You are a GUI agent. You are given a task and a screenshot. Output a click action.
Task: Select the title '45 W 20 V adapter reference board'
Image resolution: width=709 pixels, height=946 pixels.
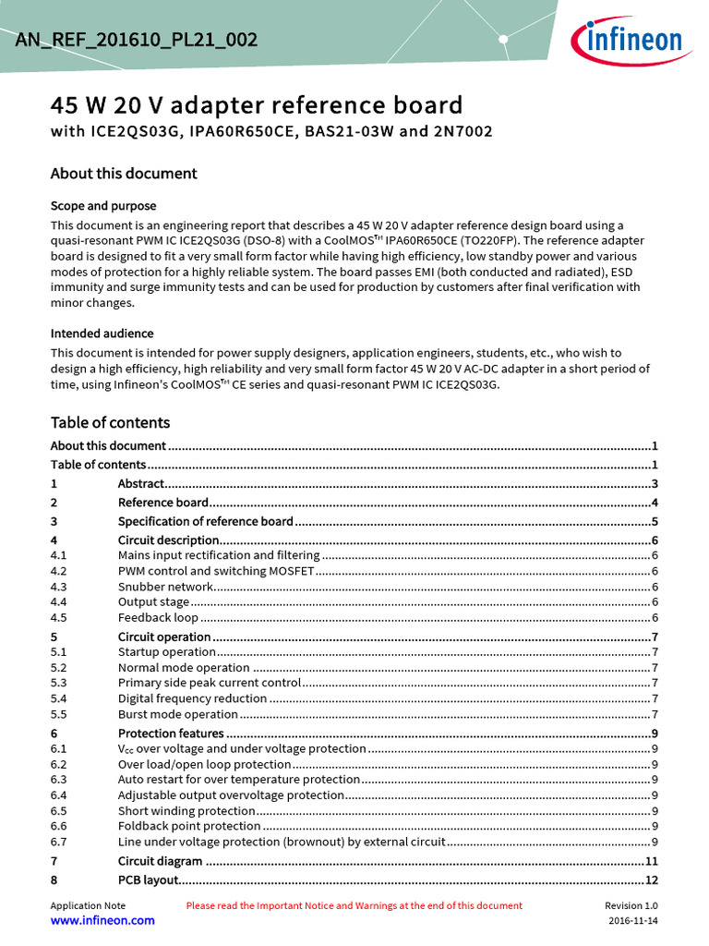[x=257, y=104]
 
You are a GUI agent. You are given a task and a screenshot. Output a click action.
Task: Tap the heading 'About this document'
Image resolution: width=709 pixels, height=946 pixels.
[x=124, y=174]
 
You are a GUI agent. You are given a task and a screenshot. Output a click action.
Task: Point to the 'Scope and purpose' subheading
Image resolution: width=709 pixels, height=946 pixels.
[x=103, y=206]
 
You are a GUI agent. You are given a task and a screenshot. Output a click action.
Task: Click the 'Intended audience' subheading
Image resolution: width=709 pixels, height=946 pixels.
[x=102, y=334]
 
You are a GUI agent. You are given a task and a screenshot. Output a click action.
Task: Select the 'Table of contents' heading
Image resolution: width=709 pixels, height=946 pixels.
[x=110, y=423]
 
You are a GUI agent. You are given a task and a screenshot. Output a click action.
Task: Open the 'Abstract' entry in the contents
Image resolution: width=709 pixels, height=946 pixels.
[x=141, y=484]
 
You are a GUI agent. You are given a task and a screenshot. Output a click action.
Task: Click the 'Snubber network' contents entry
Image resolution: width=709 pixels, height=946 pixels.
[x=165, y=587]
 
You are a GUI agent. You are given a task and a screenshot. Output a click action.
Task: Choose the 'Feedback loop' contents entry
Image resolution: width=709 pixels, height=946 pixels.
[x=158, y=618]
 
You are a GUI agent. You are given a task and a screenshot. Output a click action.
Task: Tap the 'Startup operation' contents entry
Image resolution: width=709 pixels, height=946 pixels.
[x=167, y=652]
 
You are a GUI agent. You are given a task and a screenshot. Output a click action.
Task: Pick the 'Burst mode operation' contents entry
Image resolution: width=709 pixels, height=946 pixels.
[x=178, y=714]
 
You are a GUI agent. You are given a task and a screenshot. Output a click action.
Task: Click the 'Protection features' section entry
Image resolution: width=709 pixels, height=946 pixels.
[x=171, y=734]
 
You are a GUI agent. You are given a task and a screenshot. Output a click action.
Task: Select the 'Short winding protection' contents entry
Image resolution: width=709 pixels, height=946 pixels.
[x=186, y=811]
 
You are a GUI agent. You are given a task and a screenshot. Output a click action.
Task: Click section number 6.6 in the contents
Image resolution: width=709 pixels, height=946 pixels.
[x=59, y=826]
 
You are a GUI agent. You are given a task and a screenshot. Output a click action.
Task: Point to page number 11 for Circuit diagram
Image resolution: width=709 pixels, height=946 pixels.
[x=651, y=861]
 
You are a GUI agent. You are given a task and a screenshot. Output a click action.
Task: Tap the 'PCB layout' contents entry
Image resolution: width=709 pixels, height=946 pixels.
[x=146, y=880]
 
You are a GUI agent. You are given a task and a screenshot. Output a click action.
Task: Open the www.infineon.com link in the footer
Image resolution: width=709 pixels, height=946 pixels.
[x=102, y=921]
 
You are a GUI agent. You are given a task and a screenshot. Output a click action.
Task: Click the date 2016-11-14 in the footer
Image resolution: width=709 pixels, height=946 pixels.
[x=633, y=922]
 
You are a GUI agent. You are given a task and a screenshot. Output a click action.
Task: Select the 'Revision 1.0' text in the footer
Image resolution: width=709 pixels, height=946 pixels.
[x=631, y=906]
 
